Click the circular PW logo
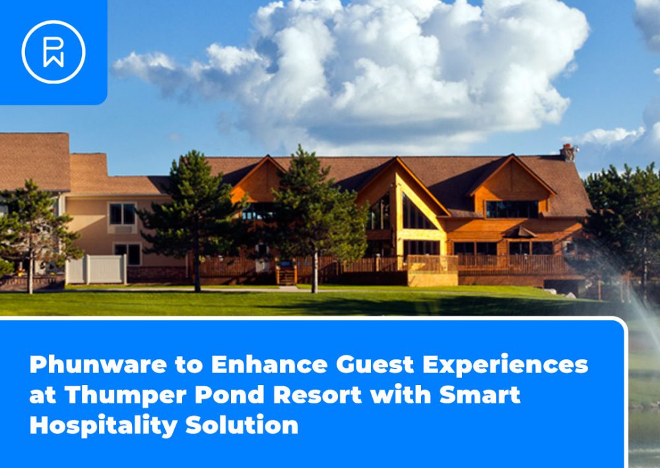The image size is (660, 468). point(53,51)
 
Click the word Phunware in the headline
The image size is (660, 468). point(98,364)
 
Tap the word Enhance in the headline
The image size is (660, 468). point(269,364)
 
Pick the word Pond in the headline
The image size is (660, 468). point(230,395)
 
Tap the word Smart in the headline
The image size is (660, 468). point(480,395)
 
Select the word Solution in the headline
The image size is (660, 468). point(242,425)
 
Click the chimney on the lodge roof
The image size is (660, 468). point(568,153)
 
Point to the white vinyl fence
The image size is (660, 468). point(96,269)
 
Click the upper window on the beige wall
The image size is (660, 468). point(123,214)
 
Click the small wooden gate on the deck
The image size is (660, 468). point(286,274)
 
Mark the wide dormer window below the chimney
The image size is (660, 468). point(512,209)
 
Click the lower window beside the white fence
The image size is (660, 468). point(128,254)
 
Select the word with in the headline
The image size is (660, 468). point(401,395)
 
